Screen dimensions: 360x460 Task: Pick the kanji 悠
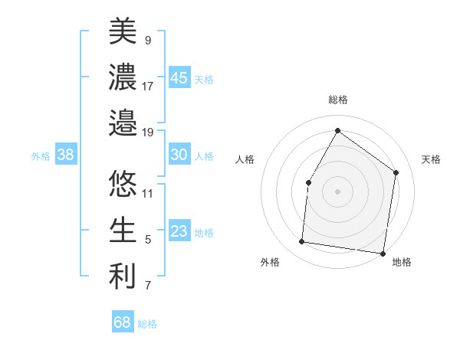[123, 184]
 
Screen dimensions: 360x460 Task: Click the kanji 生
[123, 230]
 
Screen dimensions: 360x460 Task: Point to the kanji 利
[123, 277]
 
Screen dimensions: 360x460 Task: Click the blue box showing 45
[179, 78]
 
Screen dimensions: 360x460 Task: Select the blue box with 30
[179, 155]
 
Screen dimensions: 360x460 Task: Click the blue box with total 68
[122, 322]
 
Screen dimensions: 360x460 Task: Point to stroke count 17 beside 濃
[148, 86]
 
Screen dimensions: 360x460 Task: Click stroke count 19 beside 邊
[148, 133]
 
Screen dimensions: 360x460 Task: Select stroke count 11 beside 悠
[148, 193]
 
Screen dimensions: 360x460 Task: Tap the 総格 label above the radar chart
[338, 100]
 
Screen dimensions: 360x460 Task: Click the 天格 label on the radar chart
[431, 159]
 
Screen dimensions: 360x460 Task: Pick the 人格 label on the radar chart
[245, 159]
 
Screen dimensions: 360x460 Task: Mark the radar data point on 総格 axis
[337, 130]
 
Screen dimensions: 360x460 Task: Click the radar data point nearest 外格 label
[302, 242]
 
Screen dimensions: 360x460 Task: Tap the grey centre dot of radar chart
[337, 191]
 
